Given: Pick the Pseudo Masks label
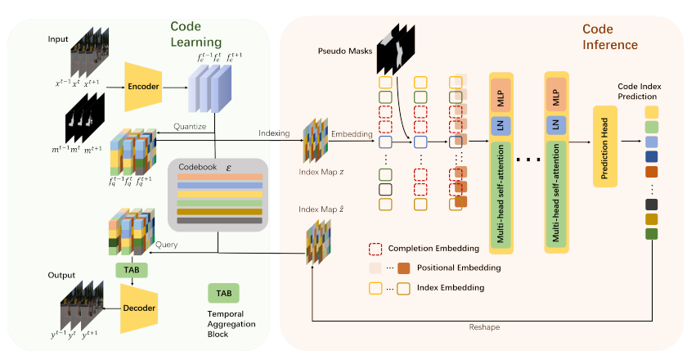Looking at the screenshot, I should coord(344,52).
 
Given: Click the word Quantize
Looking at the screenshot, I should coord(189,126).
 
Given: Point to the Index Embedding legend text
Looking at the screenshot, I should coord(452,287).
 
